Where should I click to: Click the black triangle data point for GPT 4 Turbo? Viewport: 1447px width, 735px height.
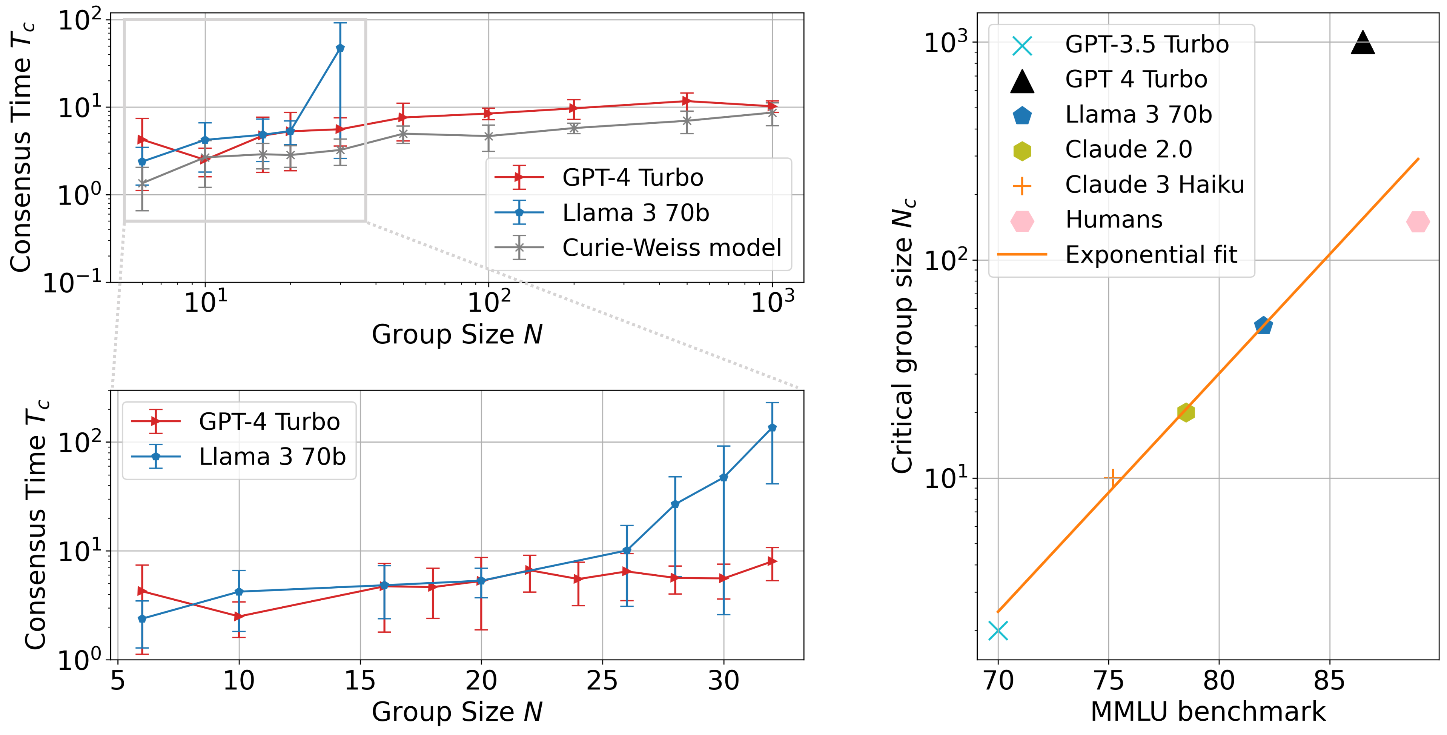tap(1363, 43)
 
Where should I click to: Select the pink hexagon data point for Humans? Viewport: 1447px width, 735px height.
tap(1418, 221)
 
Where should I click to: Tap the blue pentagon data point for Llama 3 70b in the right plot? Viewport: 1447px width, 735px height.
tap(1263, 325)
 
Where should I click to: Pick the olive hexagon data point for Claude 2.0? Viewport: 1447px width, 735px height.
tap(1186, 412)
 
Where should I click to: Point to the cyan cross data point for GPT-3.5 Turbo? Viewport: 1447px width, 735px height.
tap(998, 631)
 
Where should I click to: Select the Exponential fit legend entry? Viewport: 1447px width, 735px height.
tap(1151, 255)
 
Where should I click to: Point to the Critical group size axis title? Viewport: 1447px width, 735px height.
tap(904, 336)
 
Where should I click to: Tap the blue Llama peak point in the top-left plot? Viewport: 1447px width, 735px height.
tap(340, 48)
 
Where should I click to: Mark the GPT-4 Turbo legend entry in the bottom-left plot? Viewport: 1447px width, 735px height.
tap(269, 421)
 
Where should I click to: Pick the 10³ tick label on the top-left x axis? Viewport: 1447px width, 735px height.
tap(773, 302)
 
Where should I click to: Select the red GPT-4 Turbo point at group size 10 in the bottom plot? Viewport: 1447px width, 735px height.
tap(239, 617)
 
